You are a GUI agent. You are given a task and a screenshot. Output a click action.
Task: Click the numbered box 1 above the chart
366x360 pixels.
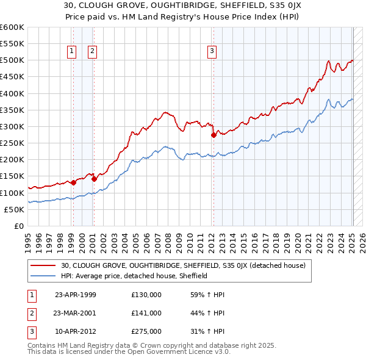coord(72,52)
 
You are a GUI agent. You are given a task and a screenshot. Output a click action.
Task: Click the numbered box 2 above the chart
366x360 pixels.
coord(92,52)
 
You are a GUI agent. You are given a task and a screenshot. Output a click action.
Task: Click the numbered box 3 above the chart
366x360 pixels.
coord(212,52)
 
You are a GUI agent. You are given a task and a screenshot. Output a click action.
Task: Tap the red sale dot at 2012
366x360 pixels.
coord(213,135)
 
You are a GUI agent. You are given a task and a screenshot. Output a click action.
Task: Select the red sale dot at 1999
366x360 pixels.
coord(73,182)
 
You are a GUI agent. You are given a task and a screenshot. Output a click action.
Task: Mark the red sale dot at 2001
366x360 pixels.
coord(94,179)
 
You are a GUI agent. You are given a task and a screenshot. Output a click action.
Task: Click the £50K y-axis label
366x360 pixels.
coord(13,209)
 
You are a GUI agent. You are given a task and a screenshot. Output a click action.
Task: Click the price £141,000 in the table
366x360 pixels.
coord(146,313)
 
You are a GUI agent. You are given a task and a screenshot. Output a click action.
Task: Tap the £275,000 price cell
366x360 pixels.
coord(146,331)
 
